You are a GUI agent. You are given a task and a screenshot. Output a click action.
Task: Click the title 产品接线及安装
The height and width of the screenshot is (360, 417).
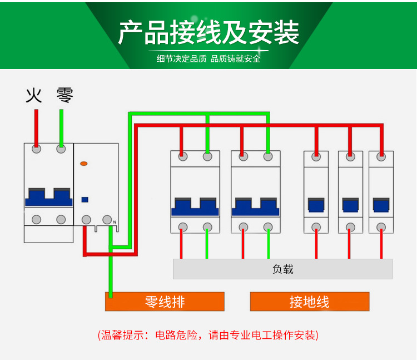209,32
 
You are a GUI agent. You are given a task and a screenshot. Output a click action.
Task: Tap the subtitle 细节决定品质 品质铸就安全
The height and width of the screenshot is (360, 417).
209,58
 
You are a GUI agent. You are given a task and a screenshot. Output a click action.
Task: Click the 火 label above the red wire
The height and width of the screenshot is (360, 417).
34,96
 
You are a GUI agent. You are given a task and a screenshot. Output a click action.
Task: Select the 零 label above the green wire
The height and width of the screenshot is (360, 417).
64,96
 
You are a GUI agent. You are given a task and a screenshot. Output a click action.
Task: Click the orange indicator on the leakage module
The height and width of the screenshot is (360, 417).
84,164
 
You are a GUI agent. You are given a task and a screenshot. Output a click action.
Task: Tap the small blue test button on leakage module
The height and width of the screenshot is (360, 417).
85,199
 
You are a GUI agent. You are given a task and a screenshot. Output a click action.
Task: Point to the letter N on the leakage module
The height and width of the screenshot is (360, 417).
115,223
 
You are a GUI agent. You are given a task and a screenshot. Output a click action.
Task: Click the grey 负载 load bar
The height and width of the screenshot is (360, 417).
282,269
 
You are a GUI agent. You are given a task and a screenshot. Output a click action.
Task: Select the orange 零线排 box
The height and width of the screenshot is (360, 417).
165,302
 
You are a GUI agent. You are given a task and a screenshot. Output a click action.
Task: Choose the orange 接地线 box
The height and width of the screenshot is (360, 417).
309,302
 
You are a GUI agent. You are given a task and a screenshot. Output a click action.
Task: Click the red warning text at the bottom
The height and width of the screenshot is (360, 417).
209,335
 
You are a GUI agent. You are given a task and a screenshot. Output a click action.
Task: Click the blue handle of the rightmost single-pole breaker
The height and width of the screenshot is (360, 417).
381,205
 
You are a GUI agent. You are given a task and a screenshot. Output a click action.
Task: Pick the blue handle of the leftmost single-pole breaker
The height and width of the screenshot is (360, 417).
316,205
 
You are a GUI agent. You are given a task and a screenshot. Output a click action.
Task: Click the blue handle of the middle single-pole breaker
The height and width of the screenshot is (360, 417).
350,205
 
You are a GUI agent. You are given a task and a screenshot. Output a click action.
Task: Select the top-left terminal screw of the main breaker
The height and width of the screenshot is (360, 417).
37,149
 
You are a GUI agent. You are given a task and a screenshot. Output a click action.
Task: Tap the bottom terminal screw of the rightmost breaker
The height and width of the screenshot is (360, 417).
381,226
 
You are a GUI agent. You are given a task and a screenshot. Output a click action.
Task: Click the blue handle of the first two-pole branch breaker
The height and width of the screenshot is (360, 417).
194,206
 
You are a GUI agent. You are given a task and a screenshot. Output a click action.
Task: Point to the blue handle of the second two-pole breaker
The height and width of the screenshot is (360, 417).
255,206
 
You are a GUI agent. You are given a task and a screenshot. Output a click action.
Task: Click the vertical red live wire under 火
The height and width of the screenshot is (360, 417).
36,127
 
